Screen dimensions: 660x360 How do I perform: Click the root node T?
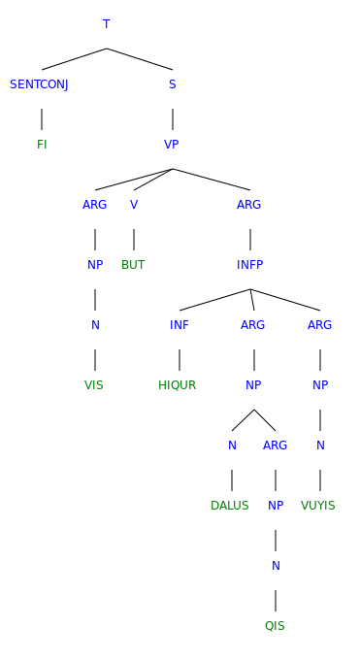pos(106,24)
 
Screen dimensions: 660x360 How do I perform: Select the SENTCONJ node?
pos(39,84)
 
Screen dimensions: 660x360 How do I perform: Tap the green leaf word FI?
pos(42,145)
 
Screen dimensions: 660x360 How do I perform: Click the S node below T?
pos(172,84)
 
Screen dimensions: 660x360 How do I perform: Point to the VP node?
pos(172,145)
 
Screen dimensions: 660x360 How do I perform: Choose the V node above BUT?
pos(134,205)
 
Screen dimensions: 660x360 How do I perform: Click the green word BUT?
pos(133,265)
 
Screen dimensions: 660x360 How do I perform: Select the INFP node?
pos(249,265)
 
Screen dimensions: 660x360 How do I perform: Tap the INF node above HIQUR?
pos(180,325)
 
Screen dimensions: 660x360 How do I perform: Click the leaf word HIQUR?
pos(178,385)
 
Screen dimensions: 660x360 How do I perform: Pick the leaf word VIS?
pos(94,385)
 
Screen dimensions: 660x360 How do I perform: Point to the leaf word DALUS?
pos(230,506)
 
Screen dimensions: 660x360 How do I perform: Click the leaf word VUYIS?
pos(318,506)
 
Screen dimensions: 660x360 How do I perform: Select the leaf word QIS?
pos(275,626)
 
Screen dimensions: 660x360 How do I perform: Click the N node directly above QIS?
pos(276,566)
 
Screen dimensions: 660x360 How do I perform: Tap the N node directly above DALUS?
pos(232,445)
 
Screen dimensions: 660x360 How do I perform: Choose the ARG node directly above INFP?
pos(249,205)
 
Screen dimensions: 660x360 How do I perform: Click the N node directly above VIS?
pos(95,325)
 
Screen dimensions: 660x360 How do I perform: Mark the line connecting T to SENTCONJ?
pos(74,59)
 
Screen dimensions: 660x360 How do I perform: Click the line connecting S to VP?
pos(173,118)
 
